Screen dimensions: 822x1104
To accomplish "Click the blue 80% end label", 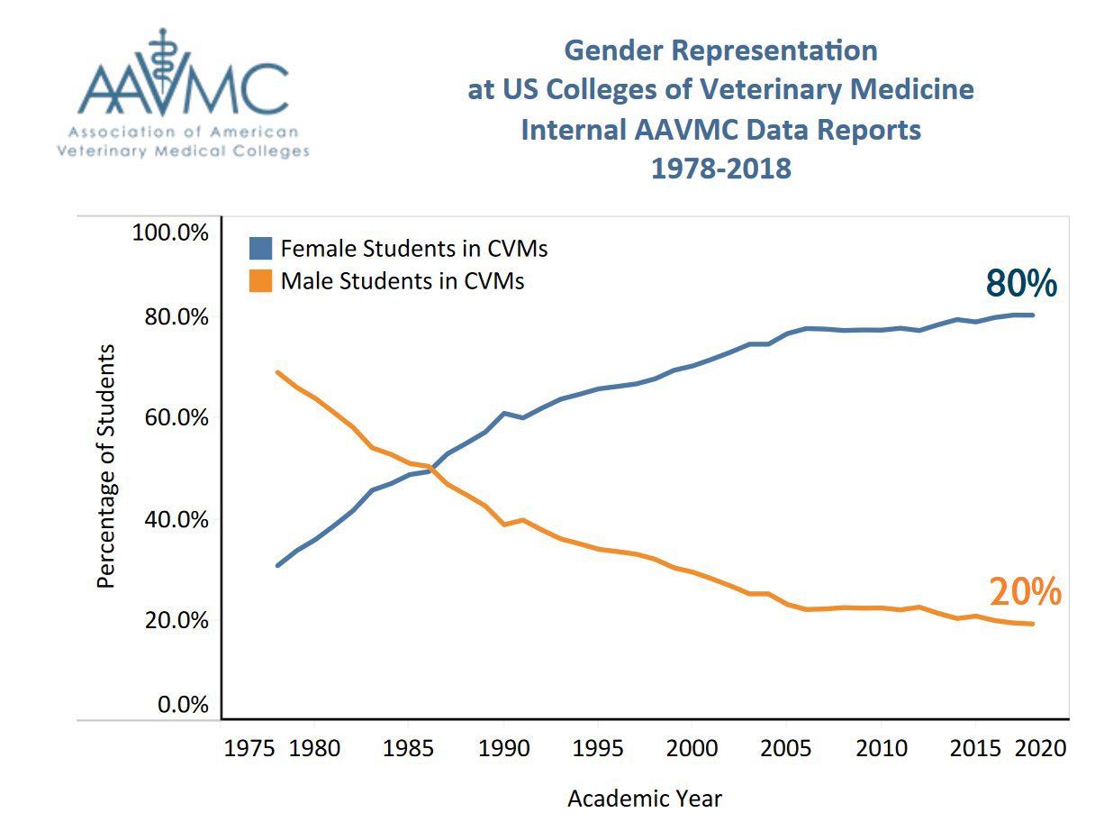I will point(1021,283).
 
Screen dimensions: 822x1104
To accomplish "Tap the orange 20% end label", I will point(1026,592).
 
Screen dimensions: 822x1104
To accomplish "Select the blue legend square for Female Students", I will point(260,248).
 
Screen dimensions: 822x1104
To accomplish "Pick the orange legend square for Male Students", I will point(260,281).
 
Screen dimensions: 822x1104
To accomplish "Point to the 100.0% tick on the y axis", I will point(170,233).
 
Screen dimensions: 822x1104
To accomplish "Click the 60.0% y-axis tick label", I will point(170,418).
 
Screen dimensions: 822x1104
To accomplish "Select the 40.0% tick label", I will point(170,520).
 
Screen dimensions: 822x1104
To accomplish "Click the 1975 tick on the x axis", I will point(244,749).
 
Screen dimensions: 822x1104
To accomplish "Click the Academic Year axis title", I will point(645,798).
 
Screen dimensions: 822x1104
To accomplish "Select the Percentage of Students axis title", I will point(106,466).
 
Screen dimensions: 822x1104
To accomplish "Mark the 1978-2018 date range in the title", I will point(720,168).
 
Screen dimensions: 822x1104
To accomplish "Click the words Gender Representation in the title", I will point(720,50).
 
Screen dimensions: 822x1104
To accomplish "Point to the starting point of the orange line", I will point(277,372).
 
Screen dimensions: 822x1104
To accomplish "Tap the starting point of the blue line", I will point(277,565).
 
